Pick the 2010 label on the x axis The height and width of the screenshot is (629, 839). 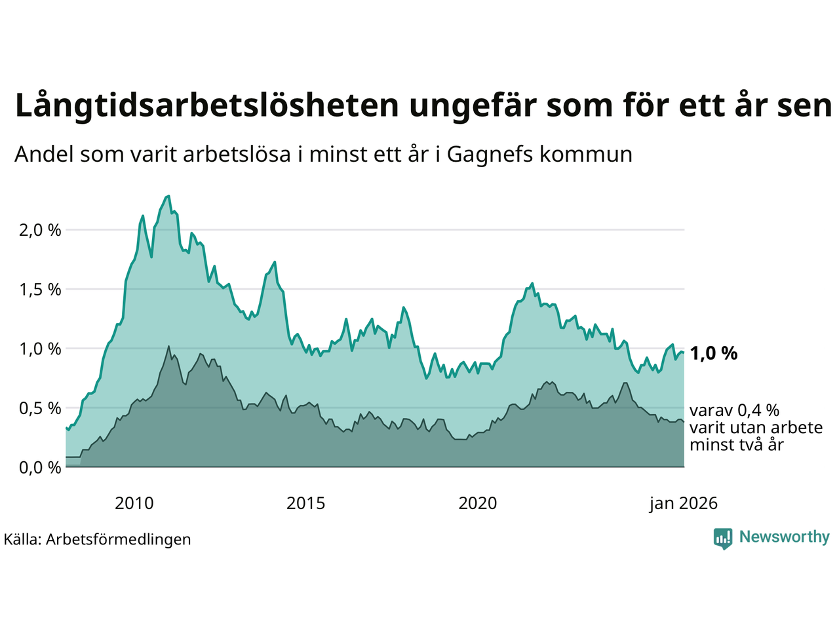(134, 503)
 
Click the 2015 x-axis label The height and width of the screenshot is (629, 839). (305, 503)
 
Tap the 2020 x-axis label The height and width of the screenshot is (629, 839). (477, 503)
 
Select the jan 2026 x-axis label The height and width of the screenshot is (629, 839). (683, 503)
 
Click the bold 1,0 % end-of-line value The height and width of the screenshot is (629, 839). (713, 353)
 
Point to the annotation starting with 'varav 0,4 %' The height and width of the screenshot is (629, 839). (755, 427)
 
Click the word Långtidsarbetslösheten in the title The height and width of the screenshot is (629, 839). (206, 106)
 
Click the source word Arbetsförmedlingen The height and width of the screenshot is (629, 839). (119, 539)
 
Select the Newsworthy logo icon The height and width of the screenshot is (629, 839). (723, 538)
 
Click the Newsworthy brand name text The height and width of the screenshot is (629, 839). (784, 537)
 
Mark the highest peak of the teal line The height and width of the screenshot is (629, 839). (168, 196)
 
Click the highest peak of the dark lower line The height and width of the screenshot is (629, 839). (169, 346)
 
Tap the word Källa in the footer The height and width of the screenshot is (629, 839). (22, 539)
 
